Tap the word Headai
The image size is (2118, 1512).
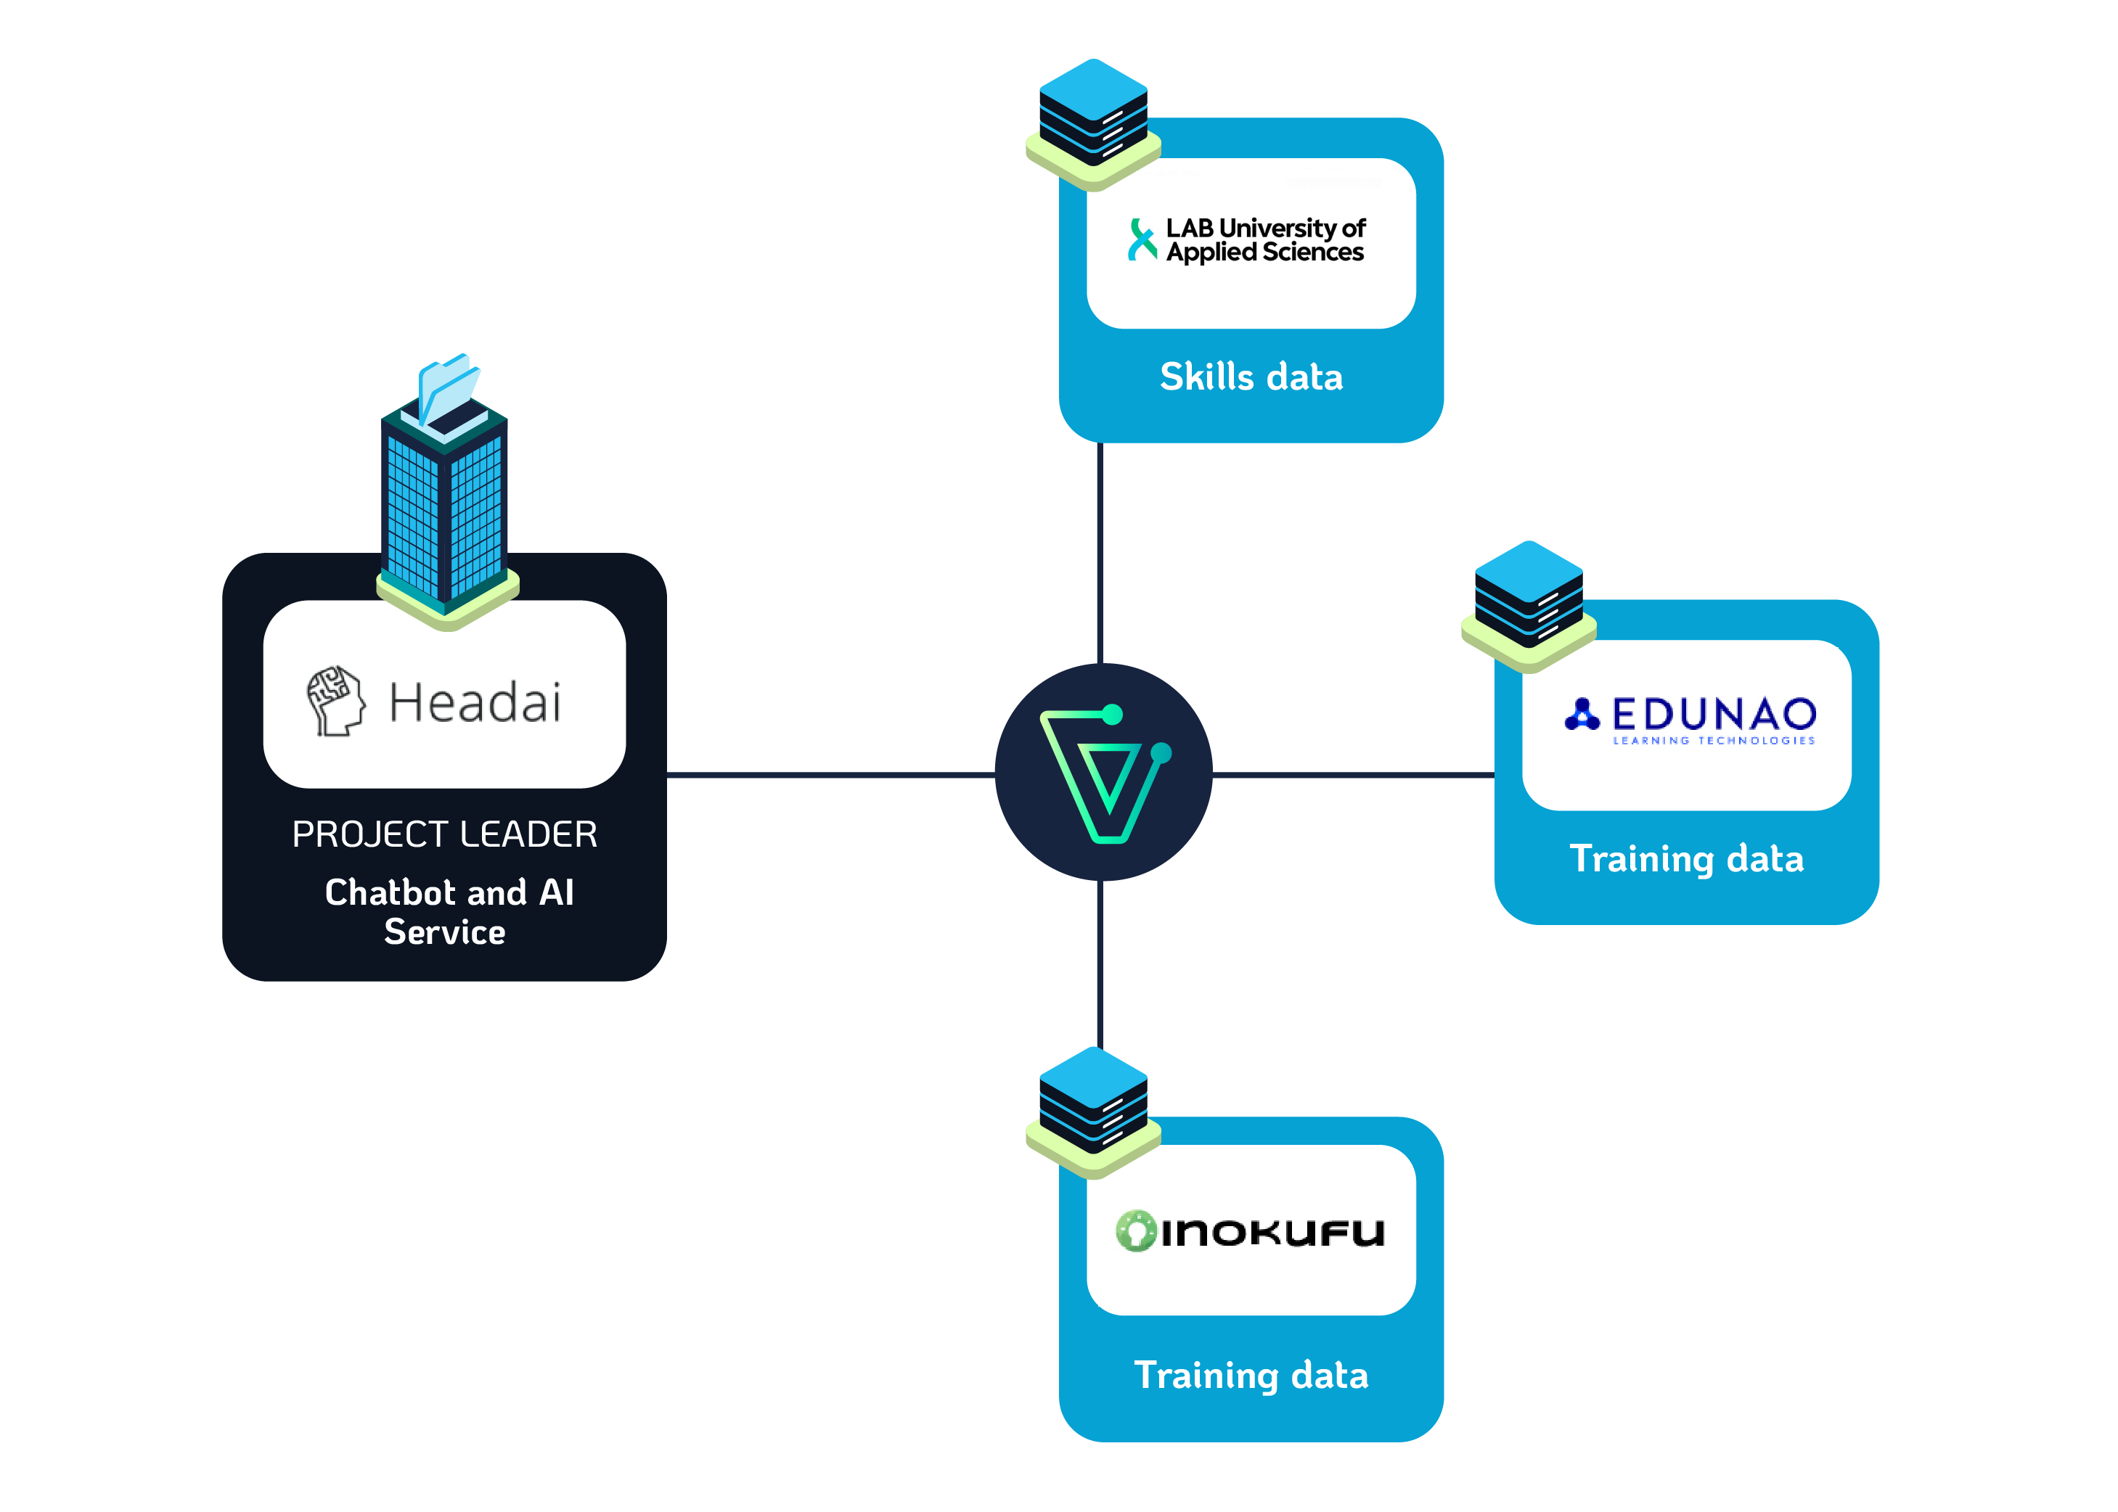pos(475,702)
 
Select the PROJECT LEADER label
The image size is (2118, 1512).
pos(444,834)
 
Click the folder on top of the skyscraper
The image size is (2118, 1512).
pos(447,387)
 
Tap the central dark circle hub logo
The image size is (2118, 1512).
pos(1103,772)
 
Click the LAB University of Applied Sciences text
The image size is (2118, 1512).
pos(1265,239)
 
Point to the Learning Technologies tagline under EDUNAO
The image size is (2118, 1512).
pos(1714,741)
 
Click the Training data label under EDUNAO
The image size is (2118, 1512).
pos(1687,858)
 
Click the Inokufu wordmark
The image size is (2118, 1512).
pos(1272,1232)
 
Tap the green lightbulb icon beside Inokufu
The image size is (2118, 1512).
pos(1135,1230)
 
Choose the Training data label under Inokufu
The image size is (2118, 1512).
pos(1251,1375)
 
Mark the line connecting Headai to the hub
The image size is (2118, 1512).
pos(829,773)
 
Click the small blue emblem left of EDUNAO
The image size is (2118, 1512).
pos(1582,714)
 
